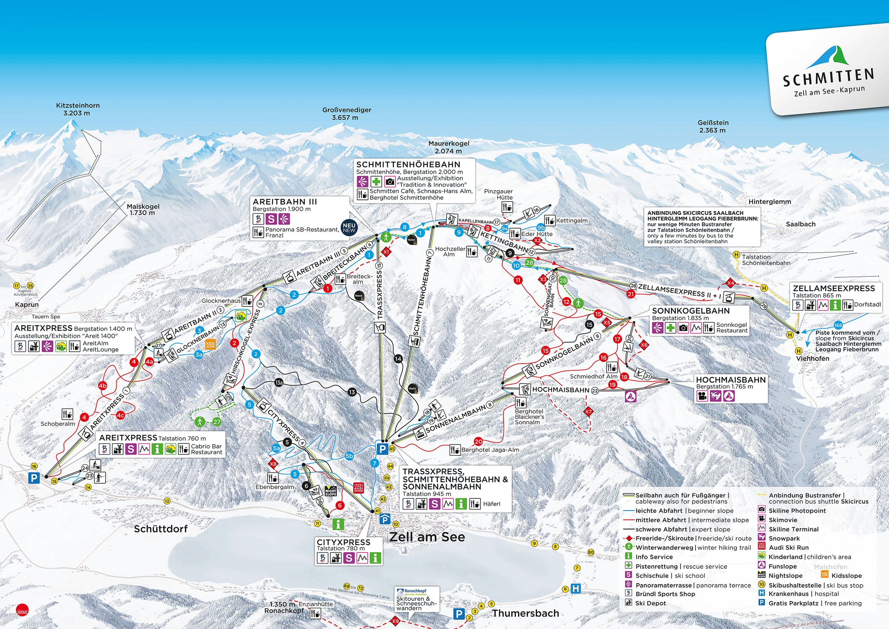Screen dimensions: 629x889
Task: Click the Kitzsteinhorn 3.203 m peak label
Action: [78, 109]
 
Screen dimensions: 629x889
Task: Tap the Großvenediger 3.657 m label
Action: [347, 113]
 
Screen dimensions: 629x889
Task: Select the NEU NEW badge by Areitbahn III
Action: [349, 228]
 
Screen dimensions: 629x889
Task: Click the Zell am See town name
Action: [427, 537]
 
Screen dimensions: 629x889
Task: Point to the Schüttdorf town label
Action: [160, 529]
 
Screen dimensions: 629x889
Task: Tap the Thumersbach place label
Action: [526, 613]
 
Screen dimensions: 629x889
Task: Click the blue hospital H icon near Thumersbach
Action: [576, 589]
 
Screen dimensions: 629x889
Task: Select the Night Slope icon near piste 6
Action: [330, 491]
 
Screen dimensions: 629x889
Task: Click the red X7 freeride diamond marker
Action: [589, 412]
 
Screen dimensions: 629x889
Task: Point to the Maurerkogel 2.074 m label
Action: [448, 147]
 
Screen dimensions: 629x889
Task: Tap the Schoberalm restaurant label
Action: [58, 424]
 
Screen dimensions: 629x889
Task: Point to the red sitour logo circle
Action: [22, 611]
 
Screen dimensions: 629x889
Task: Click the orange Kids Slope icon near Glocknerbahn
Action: [210, 344]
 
